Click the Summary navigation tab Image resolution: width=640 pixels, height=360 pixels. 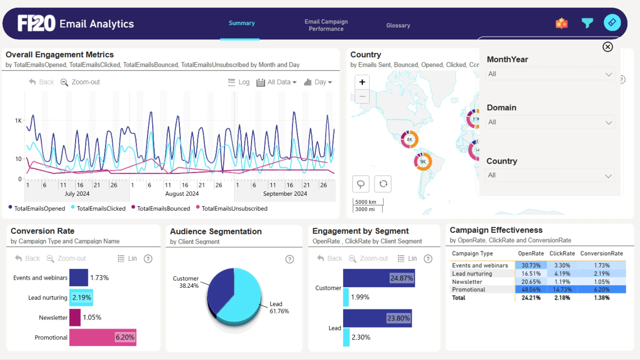click(241, 23)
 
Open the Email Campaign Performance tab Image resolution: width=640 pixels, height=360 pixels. click(326, 25)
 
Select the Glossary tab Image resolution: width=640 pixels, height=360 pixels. click(398, 25)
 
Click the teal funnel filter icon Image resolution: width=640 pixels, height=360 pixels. click(587, 23)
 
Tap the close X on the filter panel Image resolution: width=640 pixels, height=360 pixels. click(608, 47)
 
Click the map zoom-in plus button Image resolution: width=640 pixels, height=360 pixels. click(362, 82)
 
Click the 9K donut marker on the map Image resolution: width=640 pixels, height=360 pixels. click(423, 161)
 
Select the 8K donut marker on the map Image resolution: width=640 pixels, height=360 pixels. click(409, 139)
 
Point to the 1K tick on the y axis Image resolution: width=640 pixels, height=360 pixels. click(18, 121)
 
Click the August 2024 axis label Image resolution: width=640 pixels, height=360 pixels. click(182, 194)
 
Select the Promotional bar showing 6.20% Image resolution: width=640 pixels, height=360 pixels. click(103, 337)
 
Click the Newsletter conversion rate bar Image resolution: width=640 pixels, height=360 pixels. click(75, 317)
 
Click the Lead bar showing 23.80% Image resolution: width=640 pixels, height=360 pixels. click(377, 318)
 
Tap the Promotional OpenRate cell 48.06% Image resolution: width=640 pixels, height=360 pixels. click(531, 290)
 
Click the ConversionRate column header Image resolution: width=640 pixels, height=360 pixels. click(601, 253)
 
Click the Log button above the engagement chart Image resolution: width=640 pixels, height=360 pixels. click(239, 82)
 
